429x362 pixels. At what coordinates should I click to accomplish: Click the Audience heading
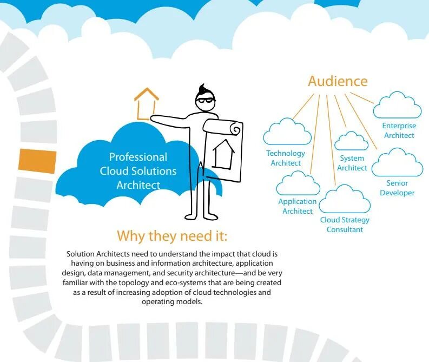click(338, 81)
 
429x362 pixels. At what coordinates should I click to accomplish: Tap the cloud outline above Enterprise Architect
click(397, 106)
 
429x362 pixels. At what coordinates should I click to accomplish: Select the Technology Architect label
click(286, 158)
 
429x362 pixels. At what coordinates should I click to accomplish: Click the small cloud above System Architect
click(352, 141)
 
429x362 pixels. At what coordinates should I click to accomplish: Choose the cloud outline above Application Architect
click(298, 183)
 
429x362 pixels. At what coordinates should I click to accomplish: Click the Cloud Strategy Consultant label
click(345, 225)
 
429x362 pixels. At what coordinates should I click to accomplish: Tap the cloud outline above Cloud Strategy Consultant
click(345, 200)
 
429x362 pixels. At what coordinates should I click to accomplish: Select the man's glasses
click(206, 99)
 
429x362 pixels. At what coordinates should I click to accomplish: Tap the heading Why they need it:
click(172, 236)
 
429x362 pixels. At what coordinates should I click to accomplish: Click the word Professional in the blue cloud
click(138, 157)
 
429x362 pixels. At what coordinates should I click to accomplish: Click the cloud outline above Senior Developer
click(397, 164)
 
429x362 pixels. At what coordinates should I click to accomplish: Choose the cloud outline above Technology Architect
click(287, 133)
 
